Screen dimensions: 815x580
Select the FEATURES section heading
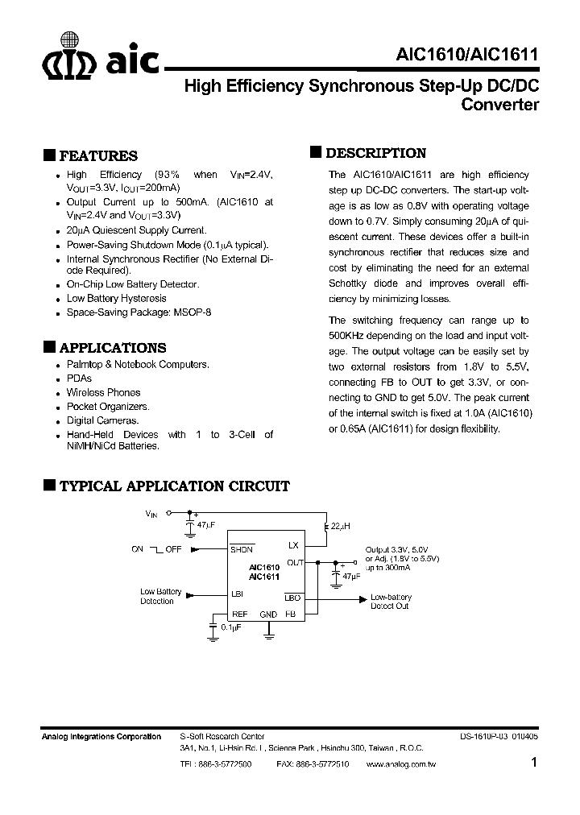(97, 156)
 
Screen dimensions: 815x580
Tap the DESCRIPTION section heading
(375, 153)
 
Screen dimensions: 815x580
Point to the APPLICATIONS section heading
(113, 348)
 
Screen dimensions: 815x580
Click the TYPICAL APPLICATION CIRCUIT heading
(174, 486)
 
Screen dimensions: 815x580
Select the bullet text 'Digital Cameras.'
(102, 420)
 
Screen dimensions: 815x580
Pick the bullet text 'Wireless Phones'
(103, 392)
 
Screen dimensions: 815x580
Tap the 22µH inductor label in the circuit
(340, 526)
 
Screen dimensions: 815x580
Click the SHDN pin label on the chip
(241, 549)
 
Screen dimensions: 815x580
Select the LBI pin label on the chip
(238, 594)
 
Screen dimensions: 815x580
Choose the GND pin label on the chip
(268, 614)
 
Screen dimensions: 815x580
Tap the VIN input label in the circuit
(151, 512)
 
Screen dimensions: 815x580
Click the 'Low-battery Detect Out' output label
(390, 601)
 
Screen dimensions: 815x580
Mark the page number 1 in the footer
(534, 763)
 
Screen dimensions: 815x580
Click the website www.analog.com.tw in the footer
(400, 763)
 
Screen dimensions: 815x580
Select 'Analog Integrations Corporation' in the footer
(101, 736)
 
